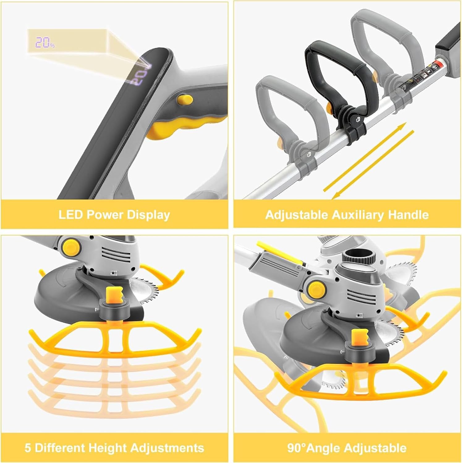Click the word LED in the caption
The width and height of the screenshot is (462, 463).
click(70, 214)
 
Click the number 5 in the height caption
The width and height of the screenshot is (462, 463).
click(28, 448)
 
